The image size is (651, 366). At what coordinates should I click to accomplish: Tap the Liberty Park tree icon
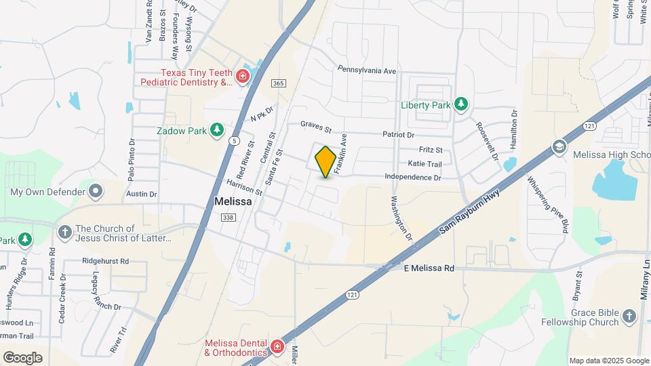pyautogui.click(x=462, y=104)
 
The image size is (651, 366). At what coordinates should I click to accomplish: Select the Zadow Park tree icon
pyautogui.click(x=217, y=129)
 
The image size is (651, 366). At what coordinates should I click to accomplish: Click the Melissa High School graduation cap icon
pyautogui.click(x=559, y=146)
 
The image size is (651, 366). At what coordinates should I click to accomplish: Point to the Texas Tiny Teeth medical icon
pyautogui.click(x=242, y=77)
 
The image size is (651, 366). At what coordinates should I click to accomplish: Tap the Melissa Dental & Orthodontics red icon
pyautogui.click(x=277, y=348)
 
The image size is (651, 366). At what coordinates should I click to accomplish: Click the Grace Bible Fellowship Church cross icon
pyautogui.click(x=629, y=317)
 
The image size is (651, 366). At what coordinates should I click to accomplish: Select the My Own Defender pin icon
pyautogui.click(x=96, y=191)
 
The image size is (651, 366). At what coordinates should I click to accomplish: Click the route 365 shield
pyautogui.click(x=277, y=83)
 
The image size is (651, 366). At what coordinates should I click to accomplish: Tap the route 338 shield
pyautogui.click(x=227, y=217)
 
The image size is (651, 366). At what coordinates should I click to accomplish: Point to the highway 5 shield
pyautogui.click(x=234, y=140)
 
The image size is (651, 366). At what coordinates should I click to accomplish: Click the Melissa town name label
pyautogui.click(x=233, y=201)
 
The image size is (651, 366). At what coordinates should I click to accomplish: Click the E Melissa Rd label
pyautogui.click(x=429, y=268)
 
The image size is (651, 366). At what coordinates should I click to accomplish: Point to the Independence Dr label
pyautogui.click(x=412, y=177)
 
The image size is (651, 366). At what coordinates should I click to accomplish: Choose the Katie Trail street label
pyautogui.click(x=425, y=163)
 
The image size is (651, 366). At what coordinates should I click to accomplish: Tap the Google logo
pyautogui.click(x=22, y=357)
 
